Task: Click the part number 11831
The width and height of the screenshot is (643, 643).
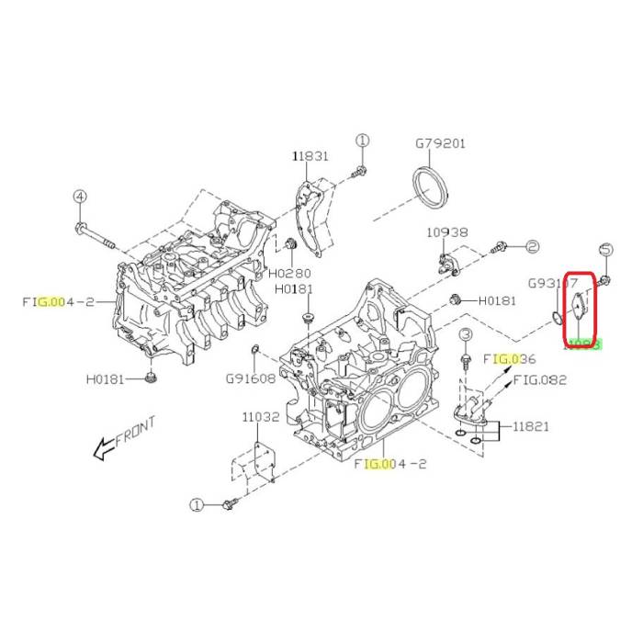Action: pyautogui.click(x=310, y=157)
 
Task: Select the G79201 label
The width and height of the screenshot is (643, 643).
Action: pyautogui.click(x=440, y=144)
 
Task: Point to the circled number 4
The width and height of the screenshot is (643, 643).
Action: pyautogui.click(x=80, y=197)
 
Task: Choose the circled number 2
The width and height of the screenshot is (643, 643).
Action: pyautogui.click(x=531, y=246)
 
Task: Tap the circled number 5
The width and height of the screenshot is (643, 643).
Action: pyautogui.click(x=605, y=249)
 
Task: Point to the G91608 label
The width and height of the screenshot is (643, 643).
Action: pyautogui.click(x=251, y=377)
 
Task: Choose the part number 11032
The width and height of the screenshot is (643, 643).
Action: pyautogui.click(x=261, y=416)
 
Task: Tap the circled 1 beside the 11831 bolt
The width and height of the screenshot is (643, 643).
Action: pyautogui.click(x=362, y=141)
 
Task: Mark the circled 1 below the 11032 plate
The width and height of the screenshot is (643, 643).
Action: pyautogui.click(x=195, y=504)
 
